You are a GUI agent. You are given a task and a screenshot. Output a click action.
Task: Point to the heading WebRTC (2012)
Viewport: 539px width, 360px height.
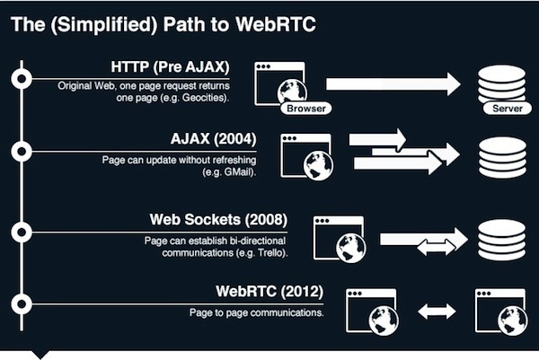[x=269, y=292]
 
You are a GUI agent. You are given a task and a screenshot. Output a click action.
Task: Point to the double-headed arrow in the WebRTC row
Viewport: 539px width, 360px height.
[x=434, y=312]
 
